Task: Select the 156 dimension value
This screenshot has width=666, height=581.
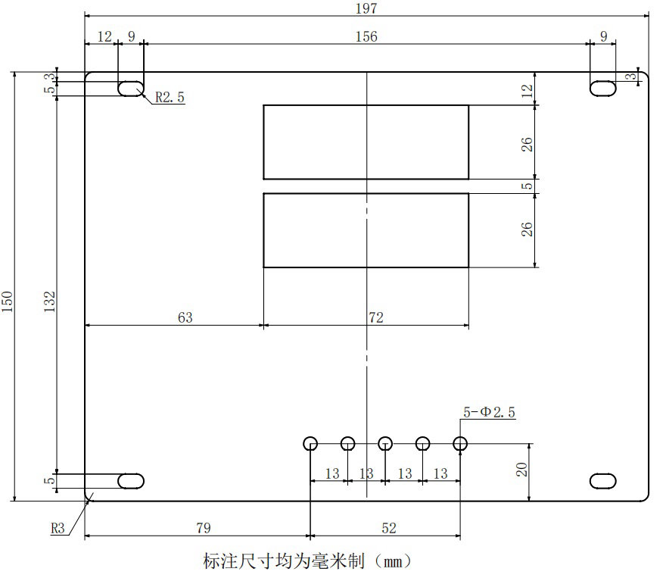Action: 365,36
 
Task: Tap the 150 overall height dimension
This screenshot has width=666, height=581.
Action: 7,301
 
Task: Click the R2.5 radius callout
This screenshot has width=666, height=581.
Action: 170,97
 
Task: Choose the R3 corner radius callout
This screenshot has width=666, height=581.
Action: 58,528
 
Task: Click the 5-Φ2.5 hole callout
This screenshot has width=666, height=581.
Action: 489,412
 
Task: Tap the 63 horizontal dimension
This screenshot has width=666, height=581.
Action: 185,318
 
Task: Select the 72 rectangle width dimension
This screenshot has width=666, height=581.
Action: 375,318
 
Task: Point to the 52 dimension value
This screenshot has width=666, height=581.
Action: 388,528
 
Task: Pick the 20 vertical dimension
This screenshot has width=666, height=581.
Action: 522,470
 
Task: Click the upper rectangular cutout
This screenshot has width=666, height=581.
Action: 366,142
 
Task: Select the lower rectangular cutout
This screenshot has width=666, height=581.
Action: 366,230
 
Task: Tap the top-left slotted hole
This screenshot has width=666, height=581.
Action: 131,88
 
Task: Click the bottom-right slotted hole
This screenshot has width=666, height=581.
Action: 603,480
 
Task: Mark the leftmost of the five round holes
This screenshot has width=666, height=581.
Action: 310,443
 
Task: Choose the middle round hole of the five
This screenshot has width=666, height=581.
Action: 385,443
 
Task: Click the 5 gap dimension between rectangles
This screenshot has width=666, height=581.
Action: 528,186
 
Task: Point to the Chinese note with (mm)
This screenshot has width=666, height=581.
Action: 307,562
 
